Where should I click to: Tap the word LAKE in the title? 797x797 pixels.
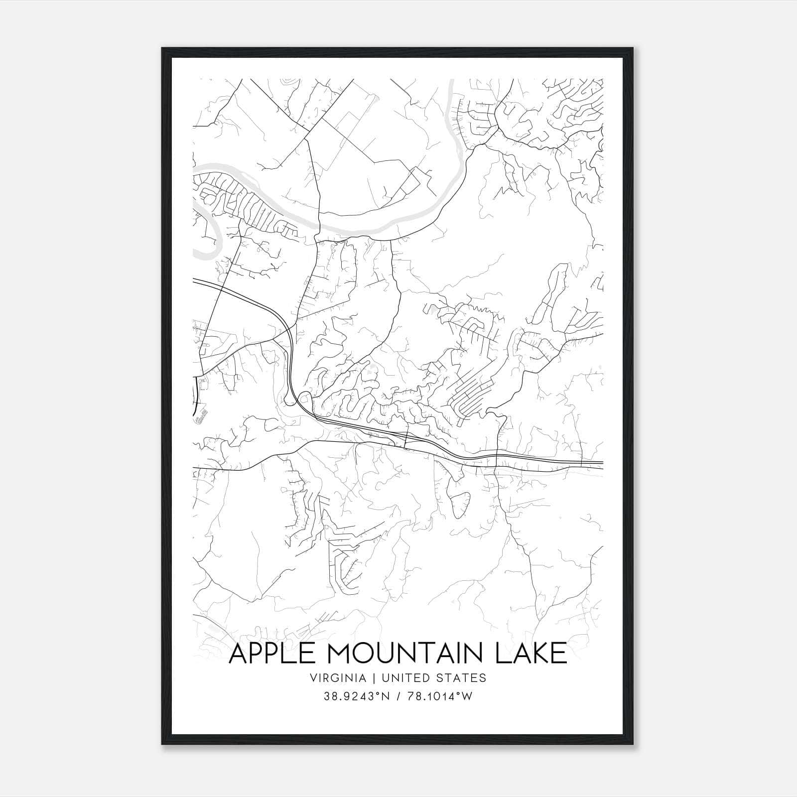531,654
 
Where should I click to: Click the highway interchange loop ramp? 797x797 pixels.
304,399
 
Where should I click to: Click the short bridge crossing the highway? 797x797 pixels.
406,439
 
